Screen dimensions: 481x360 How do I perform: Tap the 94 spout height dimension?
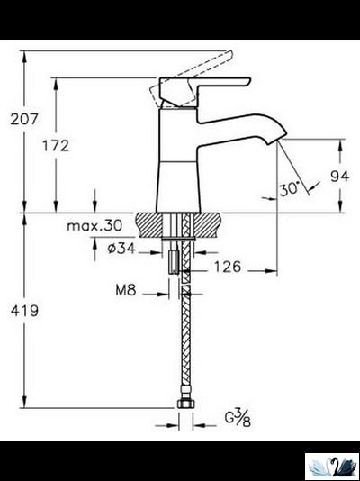click(x=338, y=177)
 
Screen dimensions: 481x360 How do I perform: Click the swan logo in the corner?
click(x=331, y=466)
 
